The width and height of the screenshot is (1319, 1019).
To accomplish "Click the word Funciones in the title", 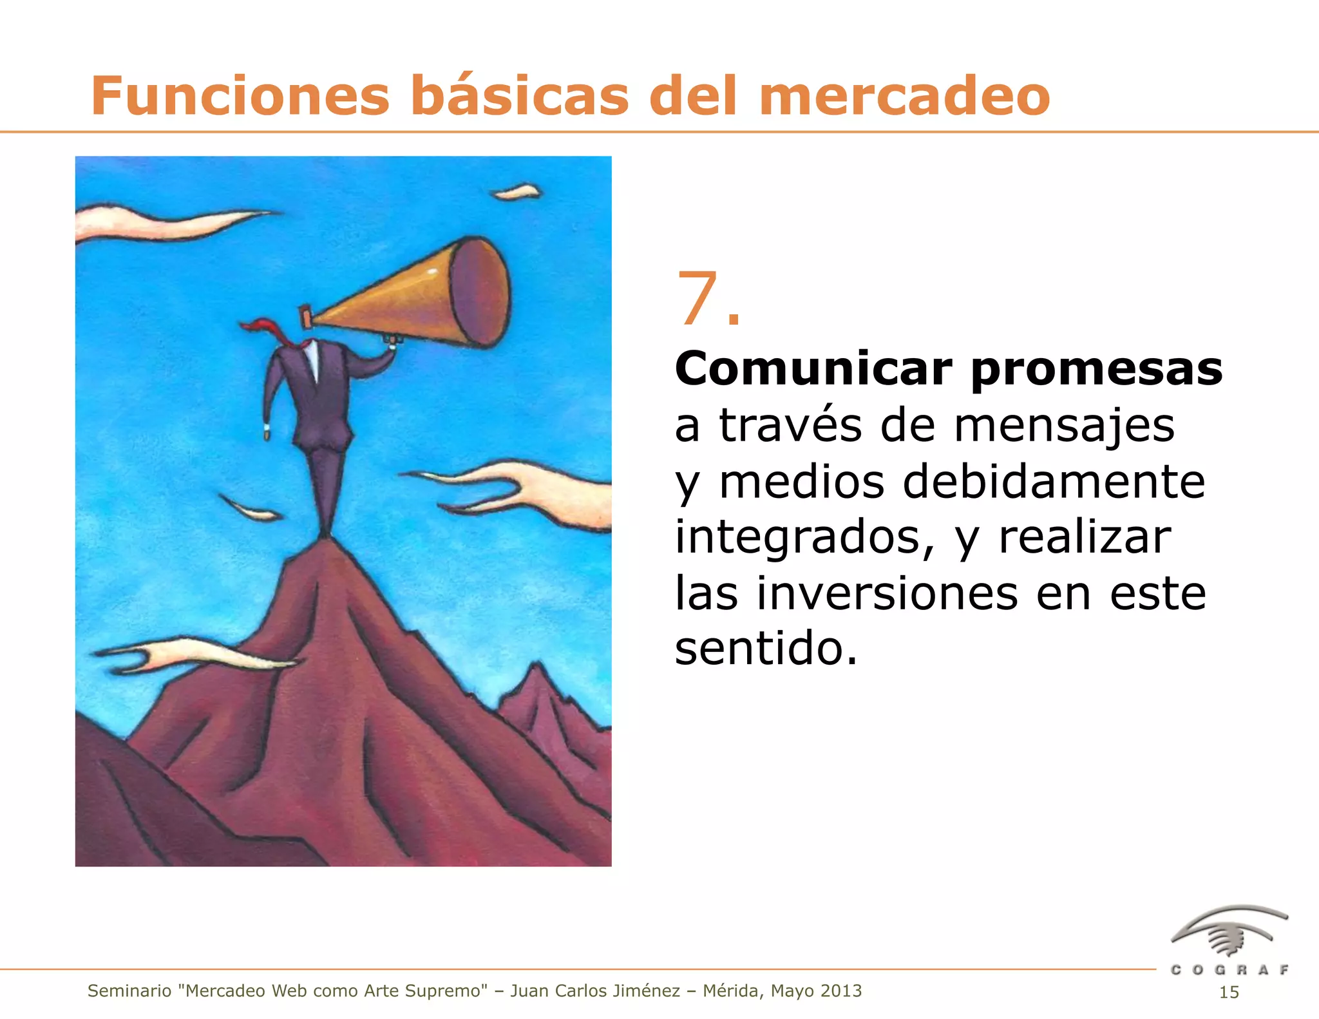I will [240, 97].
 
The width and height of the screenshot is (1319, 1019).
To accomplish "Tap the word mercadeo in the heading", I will [904, 97].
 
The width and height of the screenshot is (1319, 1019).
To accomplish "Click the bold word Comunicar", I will [813, 369].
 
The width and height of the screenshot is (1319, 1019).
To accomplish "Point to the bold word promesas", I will [1096, 370].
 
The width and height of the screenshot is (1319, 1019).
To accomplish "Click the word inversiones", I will [887, 593].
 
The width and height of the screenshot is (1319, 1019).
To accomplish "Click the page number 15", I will [1229, 993].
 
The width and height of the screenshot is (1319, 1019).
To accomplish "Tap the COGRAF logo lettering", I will [1229, 970].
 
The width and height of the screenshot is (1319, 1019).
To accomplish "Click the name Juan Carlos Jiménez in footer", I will [595, 991].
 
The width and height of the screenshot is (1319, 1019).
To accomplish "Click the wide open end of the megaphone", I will [479, 292].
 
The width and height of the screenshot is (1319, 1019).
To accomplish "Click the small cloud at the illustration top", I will [517, 192].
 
